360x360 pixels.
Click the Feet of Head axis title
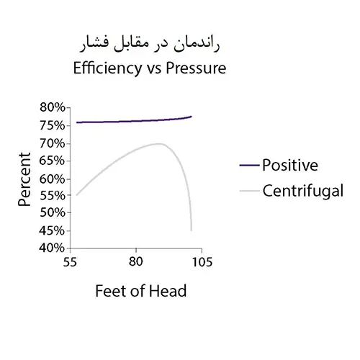(140, 292)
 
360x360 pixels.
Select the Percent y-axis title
(24, 178)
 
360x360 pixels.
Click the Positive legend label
(289, 165)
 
